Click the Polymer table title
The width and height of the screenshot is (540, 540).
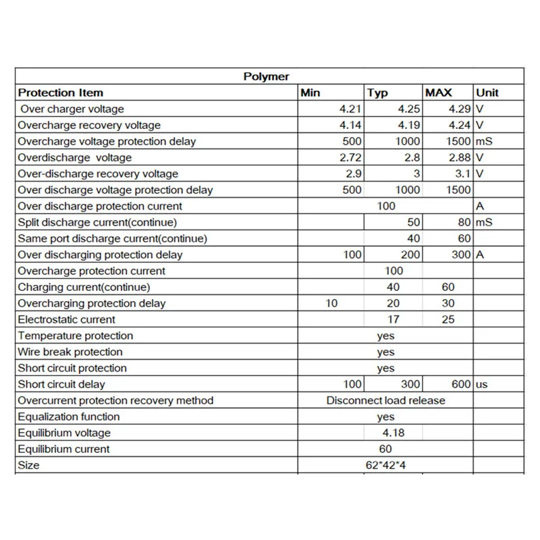[x=266, y=77]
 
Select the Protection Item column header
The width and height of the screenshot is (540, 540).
[x=61, y=93]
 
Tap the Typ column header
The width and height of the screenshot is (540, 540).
[x=378, y=93]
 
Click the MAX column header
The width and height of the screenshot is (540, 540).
[x=438, y=93]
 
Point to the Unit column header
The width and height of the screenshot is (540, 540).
[x=487, y=93]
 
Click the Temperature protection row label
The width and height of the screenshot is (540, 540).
[x=76, y=336]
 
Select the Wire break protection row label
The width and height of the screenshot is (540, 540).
[x=70, y=352]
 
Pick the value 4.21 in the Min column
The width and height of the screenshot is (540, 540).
[x=351, y=109]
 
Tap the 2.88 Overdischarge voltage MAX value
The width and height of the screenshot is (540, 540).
[x=460, y=158]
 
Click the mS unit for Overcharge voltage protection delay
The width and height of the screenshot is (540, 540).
[x=485, y=142]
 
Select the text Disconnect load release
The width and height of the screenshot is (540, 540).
[x=386, y=401]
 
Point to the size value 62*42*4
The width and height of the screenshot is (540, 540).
[x=386, y=466]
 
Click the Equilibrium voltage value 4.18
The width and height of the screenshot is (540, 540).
[x=394, y=433]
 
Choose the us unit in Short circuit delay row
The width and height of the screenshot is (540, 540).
[x=481, y=385]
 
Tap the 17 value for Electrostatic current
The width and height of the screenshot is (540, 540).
[x=394, y=320]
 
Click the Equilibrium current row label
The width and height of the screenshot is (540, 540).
[x=63, y=450]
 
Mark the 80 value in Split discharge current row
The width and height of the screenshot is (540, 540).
[x=464, y=223]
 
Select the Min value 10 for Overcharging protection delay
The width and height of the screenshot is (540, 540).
[x=331, y=304]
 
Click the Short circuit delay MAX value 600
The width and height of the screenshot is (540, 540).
[x=462, y=385]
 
